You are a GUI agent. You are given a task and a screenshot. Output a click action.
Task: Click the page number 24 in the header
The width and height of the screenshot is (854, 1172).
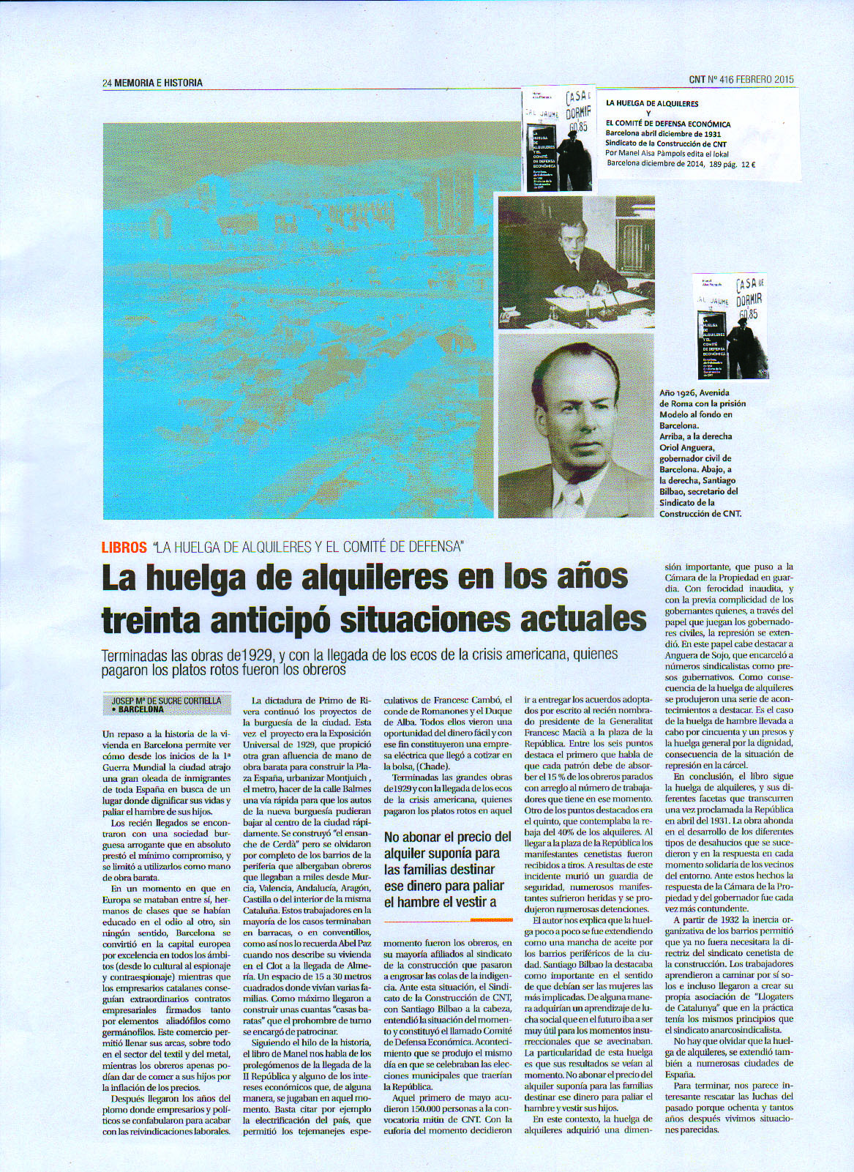(108, 83)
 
